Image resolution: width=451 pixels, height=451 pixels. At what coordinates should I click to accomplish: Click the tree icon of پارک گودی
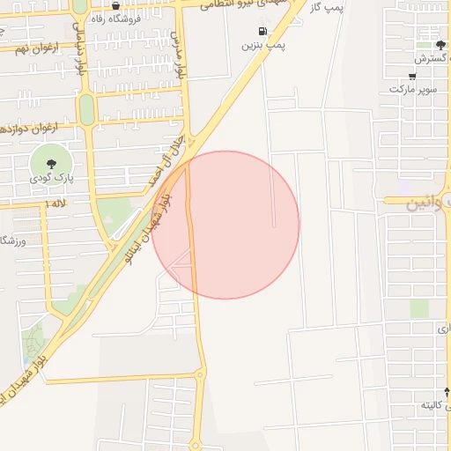pyautogui.click(x=51, y=162)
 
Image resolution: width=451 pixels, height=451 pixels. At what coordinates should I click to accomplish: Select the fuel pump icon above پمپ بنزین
pyautogui.click(x=262, y=31)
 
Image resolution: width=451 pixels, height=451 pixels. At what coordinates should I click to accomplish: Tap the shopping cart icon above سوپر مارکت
pyautogui.click(x=412, y=76)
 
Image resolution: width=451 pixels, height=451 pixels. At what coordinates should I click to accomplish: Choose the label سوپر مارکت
pyautogui.click(x=413, y=89)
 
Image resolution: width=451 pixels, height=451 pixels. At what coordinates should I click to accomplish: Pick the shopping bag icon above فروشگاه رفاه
pyautogui.click(x=115, y=5)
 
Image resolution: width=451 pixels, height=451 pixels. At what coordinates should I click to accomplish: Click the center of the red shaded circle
pyautogui.click(x=225, y=225)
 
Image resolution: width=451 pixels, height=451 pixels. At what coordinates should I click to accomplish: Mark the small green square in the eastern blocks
pyautogui.click(x=419, y=308)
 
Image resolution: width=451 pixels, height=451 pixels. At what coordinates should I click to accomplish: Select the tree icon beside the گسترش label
pyautogui.click(x=440, y=45)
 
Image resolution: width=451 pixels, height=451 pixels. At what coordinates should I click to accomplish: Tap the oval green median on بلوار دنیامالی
pyautogui.click(x=86, y=109)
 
